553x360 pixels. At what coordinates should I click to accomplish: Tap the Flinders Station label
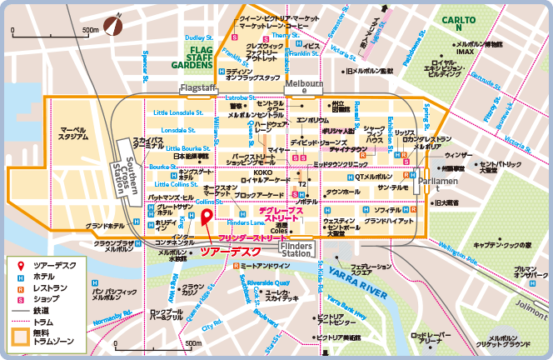tap(296, 251)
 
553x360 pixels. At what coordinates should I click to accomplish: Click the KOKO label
tap(262, 172)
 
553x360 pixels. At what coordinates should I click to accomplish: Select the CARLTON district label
tap(457, 22)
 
